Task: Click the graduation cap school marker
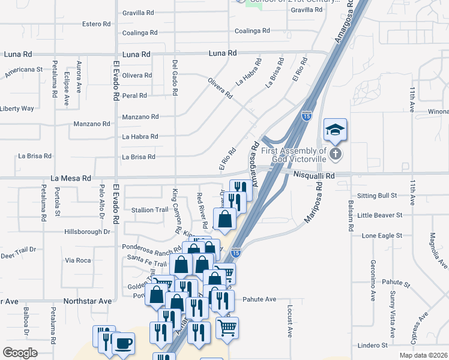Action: (x=335, y=129)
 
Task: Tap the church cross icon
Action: (x=336, y=154)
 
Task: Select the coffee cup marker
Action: (x=123, y=344)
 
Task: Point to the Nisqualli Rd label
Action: (x=314, y=175)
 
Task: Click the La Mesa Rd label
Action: (x=71, y=178)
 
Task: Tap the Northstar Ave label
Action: (x=88, y=301)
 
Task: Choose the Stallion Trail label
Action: (x=149, y=210)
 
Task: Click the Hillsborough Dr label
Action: (x=88, y=231)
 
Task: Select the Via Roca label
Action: (x=78, y=260)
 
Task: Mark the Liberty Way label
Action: (x=17, y=109)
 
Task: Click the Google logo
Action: (x=20, y=352)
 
